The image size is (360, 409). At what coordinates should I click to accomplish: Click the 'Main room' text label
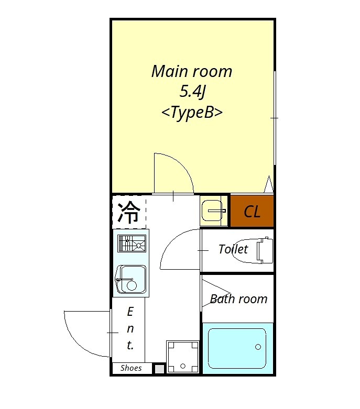click(x=191, y=71)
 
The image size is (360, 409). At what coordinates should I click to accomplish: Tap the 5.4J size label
click(x=192, y=92)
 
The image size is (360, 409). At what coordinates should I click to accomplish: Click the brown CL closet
click(x=252, y=212)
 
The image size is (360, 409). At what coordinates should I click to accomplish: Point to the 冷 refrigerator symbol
click(x=128, y=212)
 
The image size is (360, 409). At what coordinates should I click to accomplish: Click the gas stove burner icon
click(x=131, y=244)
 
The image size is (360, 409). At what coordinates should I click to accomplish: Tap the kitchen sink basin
click(x=131, y=279)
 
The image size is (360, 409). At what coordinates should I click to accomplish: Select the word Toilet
click(x=233, y=249)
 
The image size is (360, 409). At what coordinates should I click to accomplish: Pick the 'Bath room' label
click(x=238, y=299)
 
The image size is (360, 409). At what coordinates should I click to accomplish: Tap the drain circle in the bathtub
click(x=257, y=347)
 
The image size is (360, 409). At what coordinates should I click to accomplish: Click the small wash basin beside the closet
click(x=213, y=211)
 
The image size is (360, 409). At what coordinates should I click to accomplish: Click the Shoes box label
click(x=131, y=368)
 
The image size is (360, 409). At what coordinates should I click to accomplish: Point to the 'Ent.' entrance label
click(x=130, y=329)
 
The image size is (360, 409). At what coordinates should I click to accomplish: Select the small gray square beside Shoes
click(x=159, y=369)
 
